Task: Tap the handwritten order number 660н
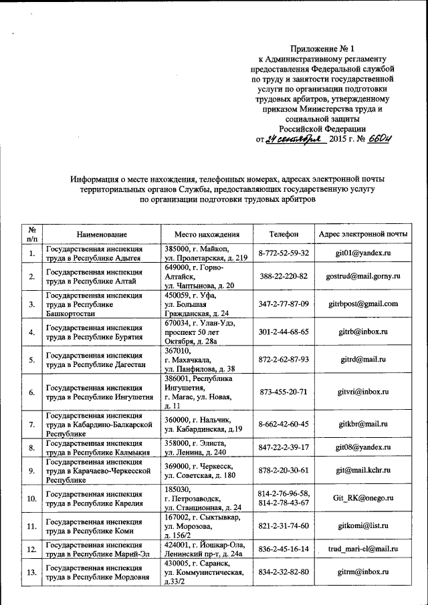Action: (x=379, y=139)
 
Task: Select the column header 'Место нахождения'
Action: (x=207, y=235)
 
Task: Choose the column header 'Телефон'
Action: (x=284, y=235)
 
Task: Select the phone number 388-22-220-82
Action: (x=284, y=276)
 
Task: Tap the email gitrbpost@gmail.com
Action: (x=363, y=304)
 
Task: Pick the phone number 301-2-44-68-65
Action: (x=284, y=332)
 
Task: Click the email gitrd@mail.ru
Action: (x=363, y=359)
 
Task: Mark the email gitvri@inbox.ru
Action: (x=363, y=392)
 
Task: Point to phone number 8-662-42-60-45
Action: (x=284, y=424)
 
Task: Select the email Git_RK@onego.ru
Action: (x=363, y=498)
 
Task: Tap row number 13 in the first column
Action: (x=31, y=572)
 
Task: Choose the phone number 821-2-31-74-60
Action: (x=284, y=526)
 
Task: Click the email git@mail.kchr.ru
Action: (x=363, y=471)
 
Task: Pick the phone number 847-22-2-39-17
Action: (x=284, y=447)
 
